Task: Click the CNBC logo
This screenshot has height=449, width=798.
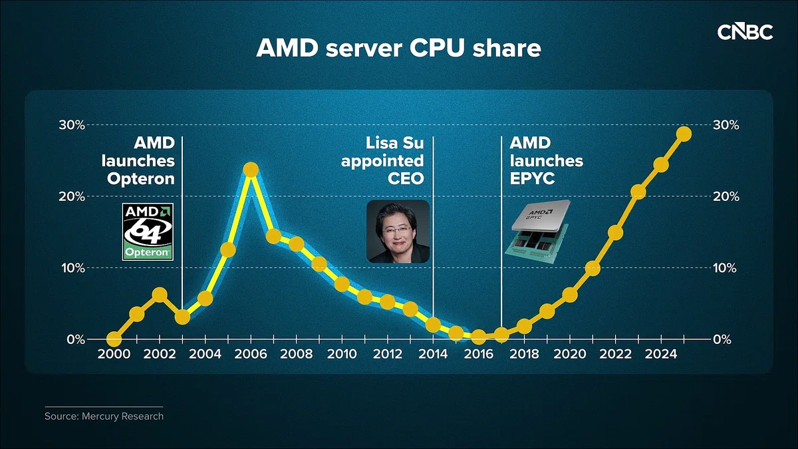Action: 745,33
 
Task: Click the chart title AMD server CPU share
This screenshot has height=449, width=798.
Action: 398,48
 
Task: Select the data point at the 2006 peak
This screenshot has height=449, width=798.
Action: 251,170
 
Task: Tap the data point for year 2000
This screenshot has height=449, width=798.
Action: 114,339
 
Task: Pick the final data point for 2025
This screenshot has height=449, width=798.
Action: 684,134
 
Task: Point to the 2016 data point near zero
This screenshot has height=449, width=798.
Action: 478,337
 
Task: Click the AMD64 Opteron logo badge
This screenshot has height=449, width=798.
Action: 148,231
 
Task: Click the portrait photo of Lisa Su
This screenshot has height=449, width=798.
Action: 398,231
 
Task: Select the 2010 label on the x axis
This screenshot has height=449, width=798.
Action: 342,354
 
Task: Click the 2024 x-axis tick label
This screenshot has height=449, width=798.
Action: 661,354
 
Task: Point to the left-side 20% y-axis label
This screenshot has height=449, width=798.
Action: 72,196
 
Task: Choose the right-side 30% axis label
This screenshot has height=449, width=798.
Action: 726,125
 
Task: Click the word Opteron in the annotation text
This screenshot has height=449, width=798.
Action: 141,179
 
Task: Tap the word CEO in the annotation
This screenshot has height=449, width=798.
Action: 406,179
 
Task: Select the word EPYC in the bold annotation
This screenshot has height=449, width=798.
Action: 532,179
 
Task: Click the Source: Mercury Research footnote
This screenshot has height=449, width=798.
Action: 104,416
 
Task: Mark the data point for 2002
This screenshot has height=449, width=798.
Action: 160,295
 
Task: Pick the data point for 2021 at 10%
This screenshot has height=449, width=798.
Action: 593,268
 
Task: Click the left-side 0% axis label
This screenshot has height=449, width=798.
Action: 76,339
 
